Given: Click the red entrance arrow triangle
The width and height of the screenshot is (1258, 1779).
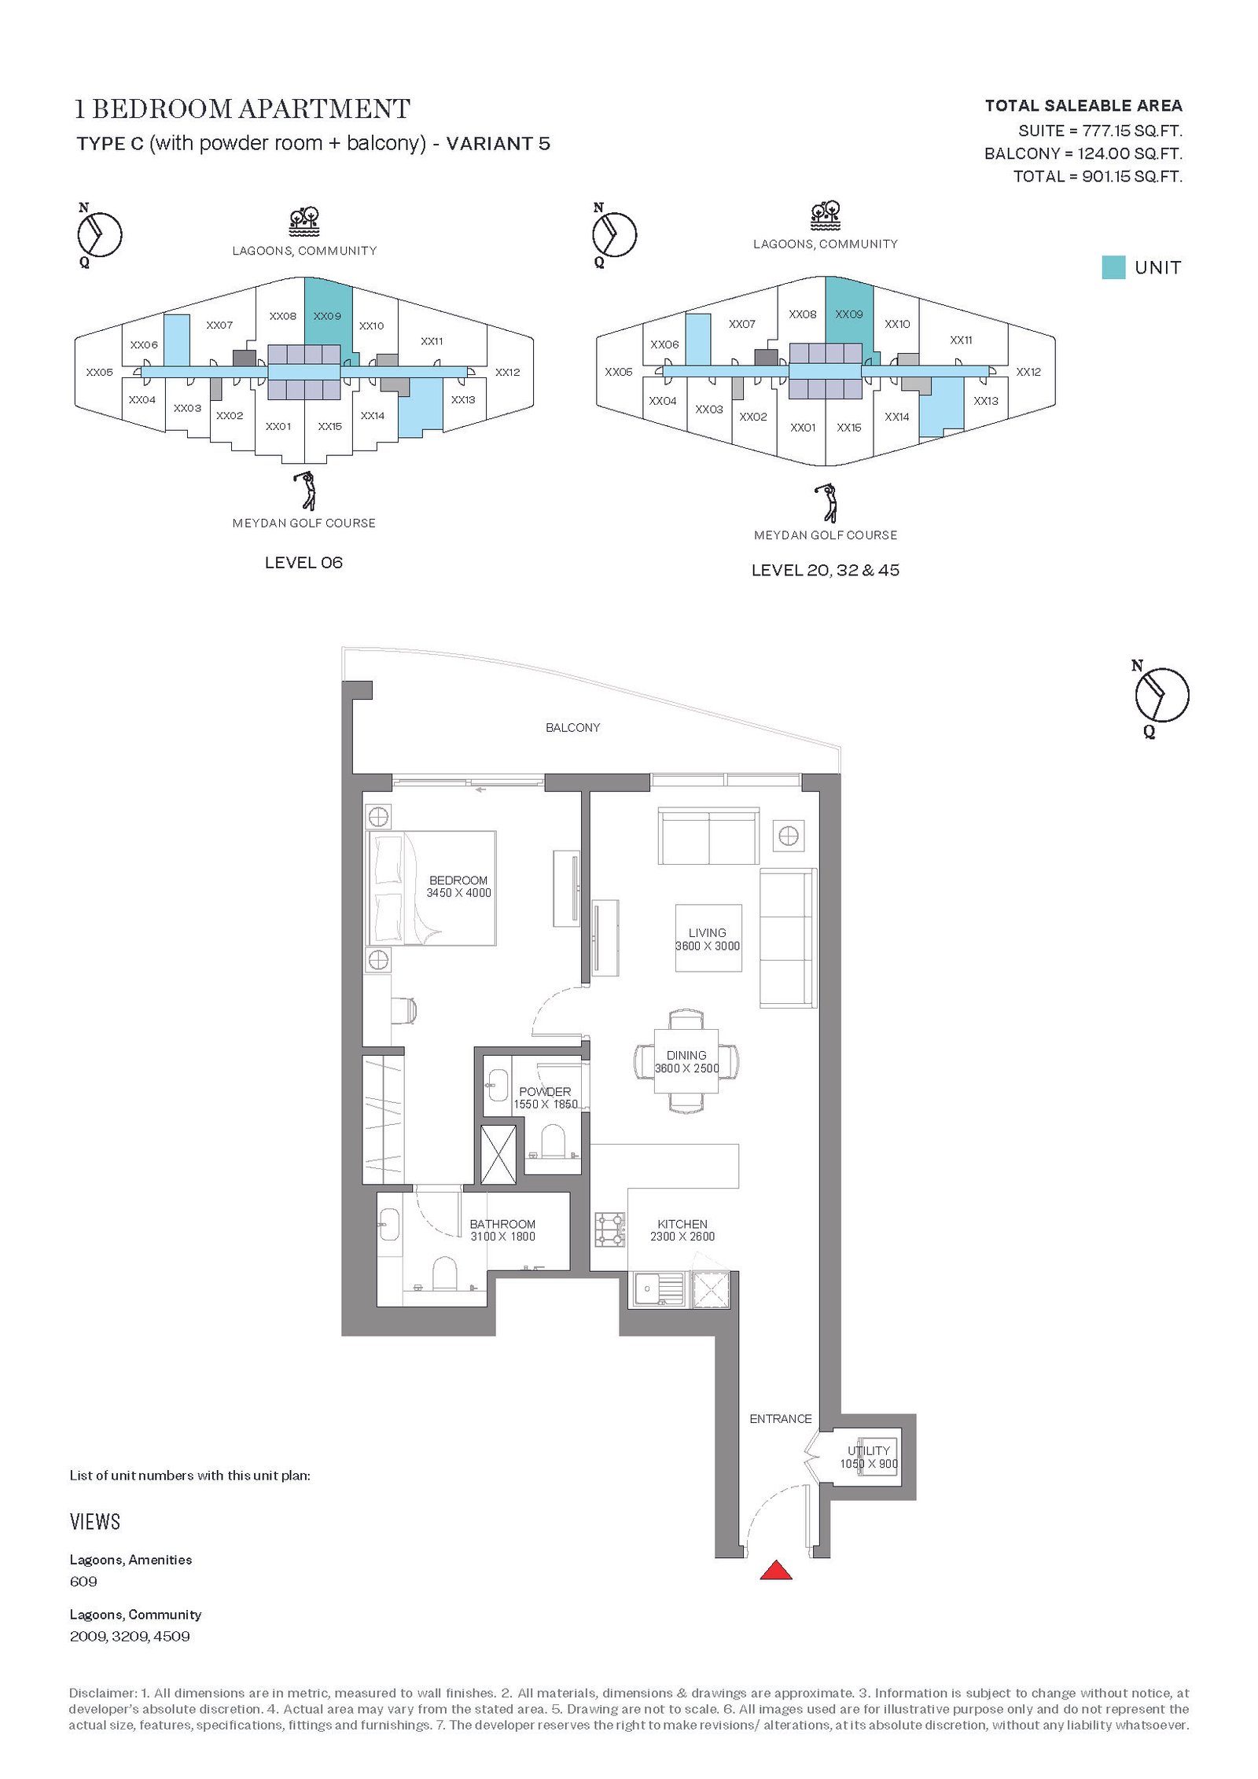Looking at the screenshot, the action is (775, 1570).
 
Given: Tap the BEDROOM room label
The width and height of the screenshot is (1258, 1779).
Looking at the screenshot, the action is (458, 880).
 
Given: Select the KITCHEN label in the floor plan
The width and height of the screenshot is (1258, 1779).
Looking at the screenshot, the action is (682, 1224).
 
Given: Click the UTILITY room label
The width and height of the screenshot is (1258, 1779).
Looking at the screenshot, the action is (869, 1450).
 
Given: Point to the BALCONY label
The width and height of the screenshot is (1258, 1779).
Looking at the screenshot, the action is (573, 728).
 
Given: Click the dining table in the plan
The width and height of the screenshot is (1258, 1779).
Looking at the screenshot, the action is (686, 1061).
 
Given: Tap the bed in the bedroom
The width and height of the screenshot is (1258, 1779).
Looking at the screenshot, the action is (432, 888).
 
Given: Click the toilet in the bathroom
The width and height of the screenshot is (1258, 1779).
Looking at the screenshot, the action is (444, 1274).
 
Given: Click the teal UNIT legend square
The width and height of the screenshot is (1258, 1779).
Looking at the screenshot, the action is (1113, 267).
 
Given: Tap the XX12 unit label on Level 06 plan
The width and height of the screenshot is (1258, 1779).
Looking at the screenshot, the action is (508, 373).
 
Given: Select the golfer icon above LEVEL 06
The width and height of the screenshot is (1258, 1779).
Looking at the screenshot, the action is (305, 491).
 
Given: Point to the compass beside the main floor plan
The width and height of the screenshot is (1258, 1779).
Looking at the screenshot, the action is (1161, 696).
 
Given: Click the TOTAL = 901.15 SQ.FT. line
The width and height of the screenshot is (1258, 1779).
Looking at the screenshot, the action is (1098, 177).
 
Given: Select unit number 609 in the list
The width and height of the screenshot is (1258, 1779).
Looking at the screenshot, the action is (83, 1582).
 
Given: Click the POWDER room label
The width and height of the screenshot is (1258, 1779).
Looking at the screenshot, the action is (545, 1092).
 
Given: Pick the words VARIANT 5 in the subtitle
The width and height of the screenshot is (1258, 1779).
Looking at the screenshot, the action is (498, 144).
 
